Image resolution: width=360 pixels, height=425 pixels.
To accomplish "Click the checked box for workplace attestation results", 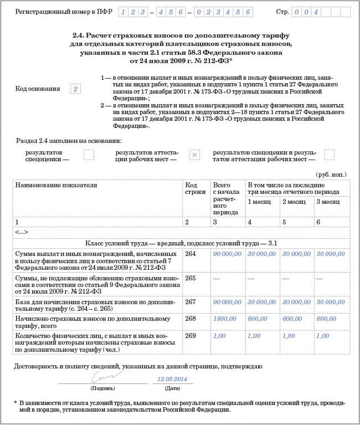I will (x=194, y=155).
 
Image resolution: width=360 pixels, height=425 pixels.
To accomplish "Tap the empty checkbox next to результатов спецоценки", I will (x=89, y=155).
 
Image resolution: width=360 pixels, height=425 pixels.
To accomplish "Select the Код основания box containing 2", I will (x=75, y=89).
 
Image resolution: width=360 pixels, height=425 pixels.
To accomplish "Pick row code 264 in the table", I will (x=191, y=253).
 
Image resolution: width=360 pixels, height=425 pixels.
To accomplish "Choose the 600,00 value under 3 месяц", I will (x=331, y=319).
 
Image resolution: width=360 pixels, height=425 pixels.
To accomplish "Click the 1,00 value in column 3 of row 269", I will (x=219, y=336).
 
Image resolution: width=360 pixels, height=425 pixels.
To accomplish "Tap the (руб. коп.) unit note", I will (x=331, y=174).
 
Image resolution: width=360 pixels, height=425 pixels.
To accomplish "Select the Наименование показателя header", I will (x=52, y=185).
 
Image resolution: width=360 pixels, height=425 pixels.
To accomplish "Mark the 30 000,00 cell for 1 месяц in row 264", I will (x=261, y=253).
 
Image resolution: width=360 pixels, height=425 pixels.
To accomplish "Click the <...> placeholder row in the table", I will (x=22, y=232).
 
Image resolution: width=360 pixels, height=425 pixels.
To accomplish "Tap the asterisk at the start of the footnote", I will (x=16, y=402).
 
